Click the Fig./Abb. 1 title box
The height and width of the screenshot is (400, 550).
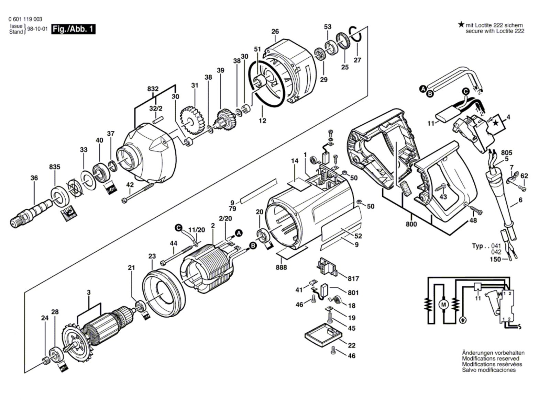point(73,29)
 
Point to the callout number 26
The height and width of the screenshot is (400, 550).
point(275,32)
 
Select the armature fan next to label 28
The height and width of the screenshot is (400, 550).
point(74,343)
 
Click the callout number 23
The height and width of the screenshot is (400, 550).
point(152,256)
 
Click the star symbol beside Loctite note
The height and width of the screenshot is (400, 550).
point(461,25)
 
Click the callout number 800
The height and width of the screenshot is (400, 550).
point(411,224)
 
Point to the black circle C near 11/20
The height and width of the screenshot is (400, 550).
point(178,228)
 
